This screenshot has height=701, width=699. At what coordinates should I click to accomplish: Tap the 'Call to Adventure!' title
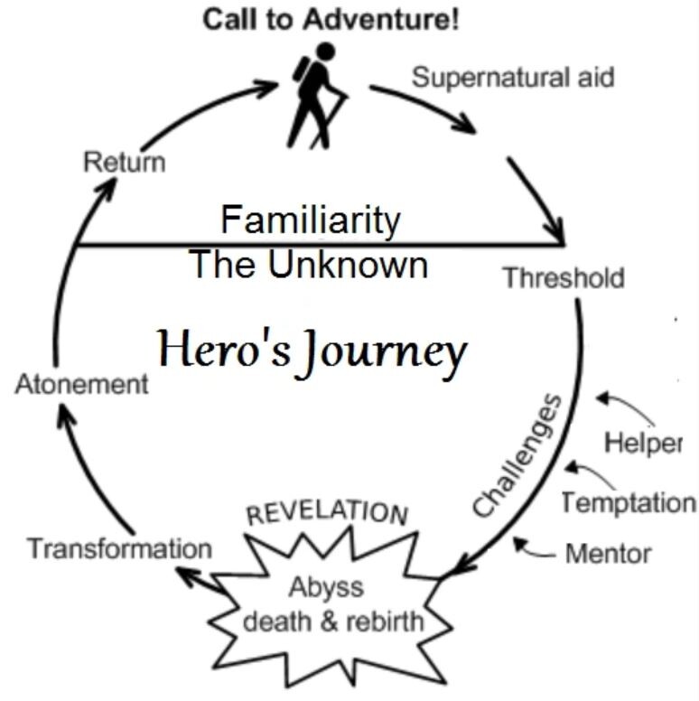(331, 20)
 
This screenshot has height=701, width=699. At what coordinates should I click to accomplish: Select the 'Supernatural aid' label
(513, 78)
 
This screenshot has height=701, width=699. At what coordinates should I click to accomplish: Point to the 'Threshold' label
(563, 276)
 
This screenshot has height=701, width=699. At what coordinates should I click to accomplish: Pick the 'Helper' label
(643, 444)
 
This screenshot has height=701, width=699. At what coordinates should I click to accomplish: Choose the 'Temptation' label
(629, 502)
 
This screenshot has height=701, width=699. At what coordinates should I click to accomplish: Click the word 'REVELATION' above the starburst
(327, 514)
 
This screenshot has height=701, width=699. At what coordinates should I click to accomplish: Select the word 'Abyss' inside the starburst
(326, 588)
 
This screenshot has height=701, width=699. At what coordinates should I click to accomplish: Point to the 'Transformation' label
(119, 548)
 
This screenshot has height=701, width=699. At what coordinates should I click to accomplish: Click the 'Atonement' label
(81, 384)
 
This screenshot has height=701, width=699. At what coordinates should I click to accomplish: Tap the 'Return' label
(125, 163)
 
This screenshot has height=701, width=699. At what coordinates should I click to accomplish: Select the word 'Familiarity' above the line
(310, 220)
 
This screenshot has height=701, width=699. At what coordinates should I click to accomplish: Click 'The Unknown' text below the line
(308, 266)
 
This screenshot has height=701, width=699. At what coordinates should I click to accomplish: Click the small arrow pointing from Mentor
(533, 547)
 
